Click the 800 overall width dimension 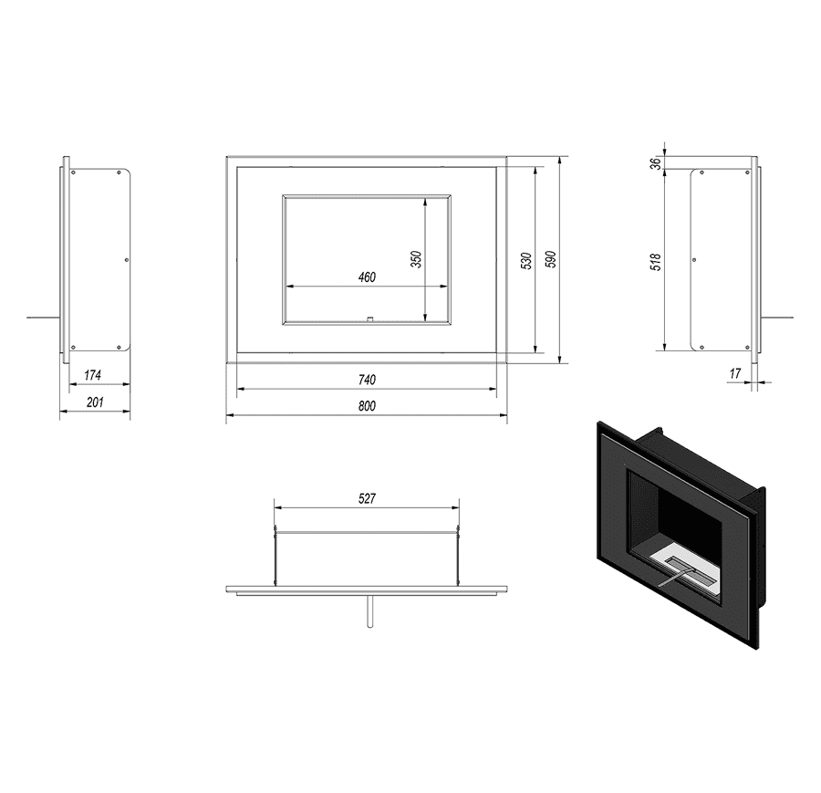[367, 406]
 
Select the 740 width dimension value [367, 380]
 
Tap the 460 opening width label [367, 277]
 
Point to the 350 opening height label [416, 259]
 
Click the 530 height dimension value [526, 260]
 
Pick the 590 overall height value [551, 259]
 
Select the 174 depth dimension [93, 375]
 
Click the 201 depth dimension [95, 402]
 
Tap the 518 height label [656, 262]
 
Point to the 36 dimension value [656, 163]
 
